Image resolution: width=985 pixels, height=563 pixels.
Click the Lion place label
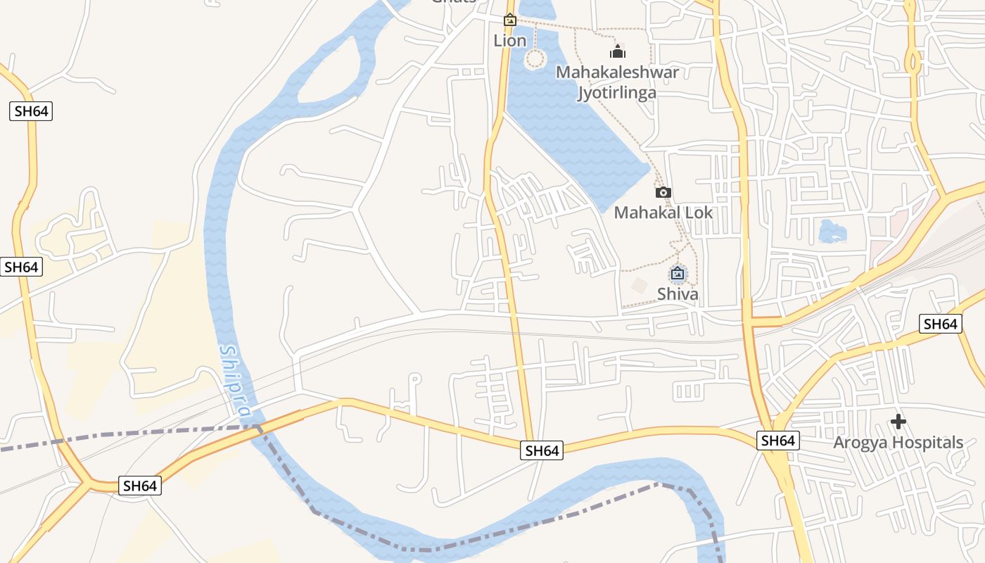[510, 41]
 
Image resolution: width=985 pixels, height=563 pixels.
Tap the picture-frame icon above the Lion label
[510, 20]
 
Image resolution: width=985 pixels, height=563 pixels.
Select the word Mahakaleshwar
[617, 72]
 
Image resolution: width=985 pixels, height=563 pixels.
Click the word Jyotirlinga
[617, 93]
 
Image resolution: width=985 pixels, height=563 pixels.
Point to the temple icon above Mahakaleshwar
[618, 51]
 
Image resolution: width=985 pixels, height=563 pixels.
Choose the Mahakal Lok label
[663, 213]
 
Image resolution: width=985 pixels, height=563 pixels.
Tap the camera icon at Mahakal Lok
[663, 193]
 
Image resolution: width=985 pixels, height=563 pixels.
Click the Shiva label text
[678, 293]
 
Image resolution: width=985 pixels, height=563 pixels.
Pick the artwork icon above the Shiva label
[678, 273]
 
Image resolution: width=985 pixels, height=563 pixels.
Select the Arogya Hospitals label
[898, 443]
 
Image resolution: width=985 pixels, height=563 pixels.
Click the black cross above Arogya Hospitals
[898, 422]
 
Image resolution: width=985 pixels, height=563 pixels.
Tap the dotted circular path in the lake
[535, 59]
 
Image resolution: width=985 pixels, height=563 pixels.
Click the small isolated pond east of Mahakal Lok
[832, 231]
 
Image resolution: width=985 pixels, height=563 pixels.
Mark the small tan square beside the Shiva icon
[640, 286]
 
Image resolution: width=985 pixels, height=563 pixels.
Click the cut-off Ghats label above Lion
[454, 2]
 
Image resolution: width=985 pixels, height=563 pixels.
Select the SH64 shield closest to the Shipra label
[140, 486]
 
